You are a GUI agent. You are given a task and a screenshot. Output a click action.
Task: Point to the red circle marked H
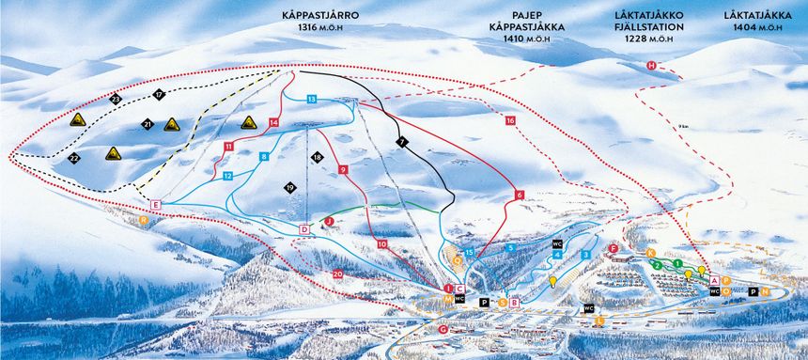tap(651, 65)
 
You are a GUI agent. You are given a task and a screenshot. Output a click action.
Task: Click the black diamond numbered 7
tap(401, 141)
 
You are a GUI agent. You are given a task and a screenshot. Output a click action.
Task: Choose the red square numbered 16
tap(510, 120)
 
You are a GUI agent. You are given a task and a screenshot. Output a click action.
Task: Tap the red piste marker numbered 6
tap(518, 195)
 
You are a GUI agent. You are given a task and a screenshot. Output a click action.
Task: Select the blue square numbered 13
tap(311, 99)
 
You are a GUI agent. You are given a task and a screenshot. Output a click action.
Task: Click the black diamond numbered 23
tap(116, 98)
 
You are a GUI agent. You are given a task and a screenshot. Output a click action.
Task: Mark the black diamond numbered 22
tap(74, 158)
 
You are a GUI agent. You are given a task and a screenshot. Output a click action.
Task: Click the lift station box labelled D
tap(304, 229)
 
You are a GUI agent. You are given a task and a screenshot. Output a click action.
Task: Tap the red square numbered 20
tap(337, 273)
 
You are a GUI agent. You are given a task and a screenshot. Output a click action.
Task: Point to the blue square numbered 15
tap(468, 252)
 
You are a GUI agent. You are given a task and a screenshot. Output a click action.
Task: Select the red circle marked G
tap(443, 329)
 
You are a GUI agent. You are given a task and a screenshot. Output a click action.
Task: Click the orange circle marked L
tap(600, 320)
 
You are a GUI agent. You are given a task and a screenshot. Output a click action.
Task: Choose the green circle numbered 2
tap(658, 265)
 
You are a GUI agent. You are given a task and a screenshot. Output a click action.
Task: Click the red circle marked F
tap(613, 248)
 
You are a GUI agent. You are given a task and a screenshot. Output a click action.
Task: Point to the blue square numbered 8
tap(265, 156)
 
